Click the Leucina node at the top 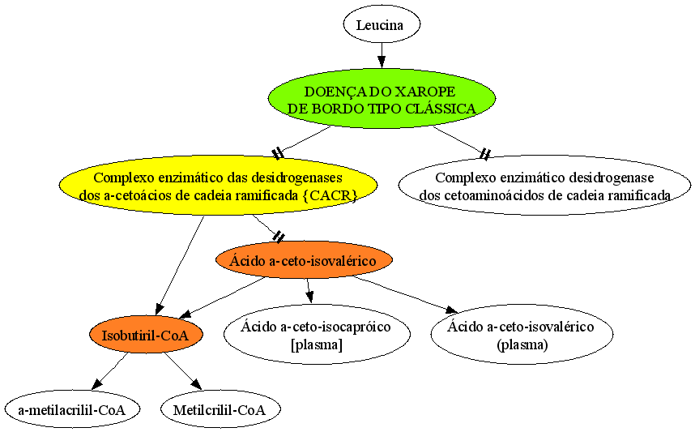[382, 24]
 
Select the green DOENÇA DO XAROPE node [382, 98]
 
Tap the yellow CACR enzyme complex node [219, 186]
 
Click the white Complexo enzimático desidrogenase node [545, 186]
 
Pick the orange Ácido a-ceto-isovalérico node [304, 260]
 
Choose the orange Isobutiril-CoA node [146, 335]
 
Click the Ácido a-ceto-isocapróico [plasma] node [317, 335]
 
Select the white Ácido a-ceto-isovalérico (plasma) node [522, 335]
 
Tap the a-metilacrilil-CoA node [72, 409]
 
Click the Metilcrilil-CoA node [220, 409]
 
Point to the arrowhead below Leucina [382, 62]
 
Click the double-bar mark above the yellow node [278, 153]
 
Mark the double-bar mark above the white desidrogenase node [485, 154]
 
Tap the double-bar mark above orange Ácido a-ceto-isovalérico [279, 237]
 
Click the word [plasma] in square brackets [317, 344]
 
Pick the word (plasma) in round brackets [522, 344]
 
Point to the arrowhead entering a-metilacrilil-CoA [97, 384]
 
